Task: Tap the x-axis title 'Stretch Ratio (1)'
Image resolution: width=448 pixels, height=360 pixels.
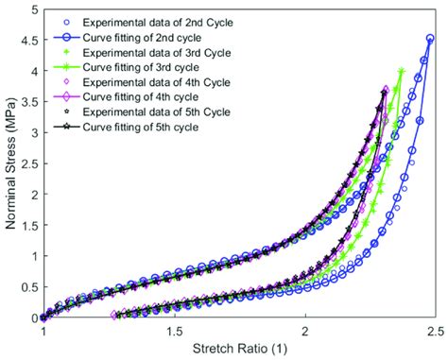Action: click(x=238, y=350)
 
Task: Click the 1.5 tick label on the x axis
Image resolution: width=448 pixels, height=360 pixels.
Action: click(x=174, y=332)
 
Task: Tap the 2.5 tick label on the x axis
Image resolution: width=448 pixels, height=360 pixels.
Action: click(x=435, y=332)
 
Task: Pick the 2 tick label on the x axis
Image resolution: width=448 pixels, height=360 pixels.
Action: click(x=304, y=332)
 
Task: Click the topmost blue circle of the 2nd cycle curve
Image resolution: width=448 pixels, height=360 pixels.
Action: click(x=430, y=39)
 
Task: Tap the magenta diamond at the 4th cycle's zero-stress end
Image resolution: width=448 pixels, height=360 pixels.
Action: click(x=114, y=315)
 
